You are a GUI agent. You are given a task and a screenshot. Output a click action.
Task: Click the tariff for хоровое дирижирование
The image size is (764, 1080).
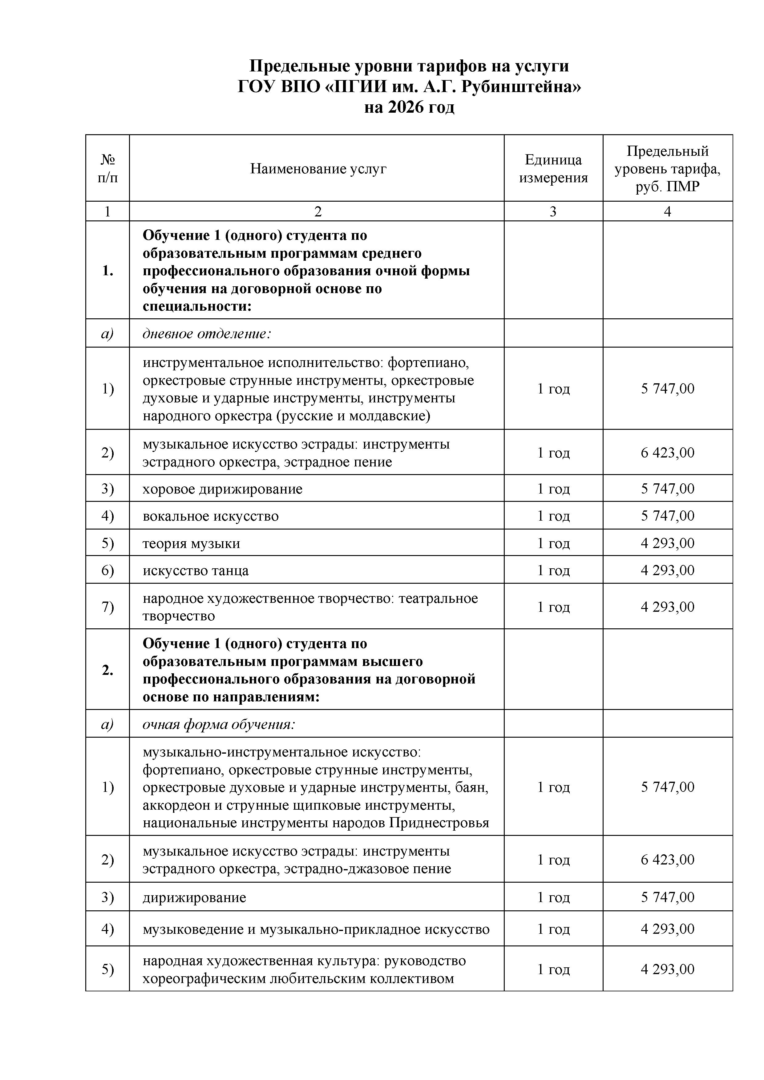click(667, 489)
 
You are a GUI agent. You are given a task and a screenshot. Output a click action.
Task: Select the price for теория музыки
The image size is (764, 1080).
click(667, 543)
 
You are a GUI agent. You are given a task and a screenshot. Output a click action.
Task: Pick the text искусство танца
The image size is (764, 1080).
click(196, 570)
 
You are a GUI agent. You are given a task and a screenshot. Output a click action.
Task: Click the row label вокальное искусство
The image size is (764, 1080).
click(210, 516)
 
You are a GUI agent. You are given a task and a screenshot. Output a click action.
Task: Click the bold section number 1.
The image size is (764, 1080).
click(108, 271)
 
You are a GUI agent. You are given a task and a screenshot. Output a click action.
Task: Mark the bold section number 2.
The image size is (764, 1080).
click(108, 670)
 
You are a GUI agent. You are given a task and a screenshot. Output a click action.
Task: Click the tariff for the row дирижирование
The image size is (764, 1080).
click(667, 897)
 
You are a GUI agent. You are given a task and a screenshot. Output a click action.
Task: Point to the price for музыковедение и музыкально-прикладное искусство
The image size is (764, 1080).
click(667, 929)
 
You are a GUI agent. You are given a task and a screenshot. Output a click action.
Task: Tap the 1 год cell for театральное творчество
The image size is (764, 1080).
click(553, 607)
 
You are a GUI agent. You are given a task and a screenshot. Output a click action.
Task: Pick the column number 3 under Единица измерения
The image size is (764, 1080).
click(553, 212)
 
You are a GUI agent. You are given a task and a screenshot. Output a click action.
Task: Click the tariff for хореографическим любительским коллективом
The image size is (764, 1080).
click(667, 969)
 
